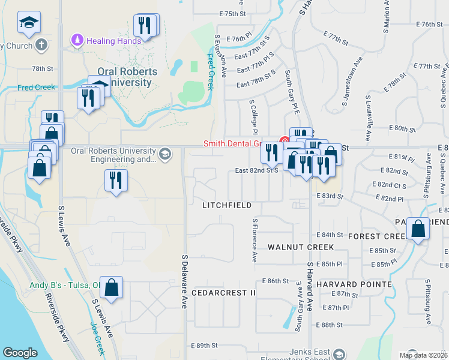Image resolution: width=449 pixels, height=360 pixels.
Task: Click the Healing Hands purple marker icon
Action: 77,41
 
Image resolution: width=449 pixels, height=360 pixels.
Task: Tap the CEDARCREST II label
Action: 223,293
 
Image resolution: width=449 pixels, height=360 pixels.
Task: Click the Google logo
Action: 20,353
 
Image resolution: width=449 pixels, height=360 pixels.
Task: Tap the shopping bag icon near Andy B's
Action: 112,287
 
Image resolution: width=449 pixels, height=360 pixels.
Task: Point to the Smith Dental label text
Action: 240,143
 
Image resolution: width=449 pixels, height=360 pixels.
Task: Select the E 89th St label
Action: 203,346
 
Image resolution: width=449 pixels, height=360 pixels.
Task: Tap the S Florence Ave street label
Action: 255,240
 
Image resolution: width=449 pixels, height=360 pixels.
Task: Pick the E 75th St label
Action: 232,13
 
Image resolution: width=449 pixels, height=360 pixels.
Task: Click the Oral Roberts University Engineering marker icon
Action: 165,155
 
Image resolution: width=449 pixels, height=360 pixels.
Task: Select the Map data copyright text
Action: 424,355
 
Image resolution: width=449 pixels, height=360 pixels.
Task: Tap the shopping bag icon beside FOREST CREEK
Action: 418,229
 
